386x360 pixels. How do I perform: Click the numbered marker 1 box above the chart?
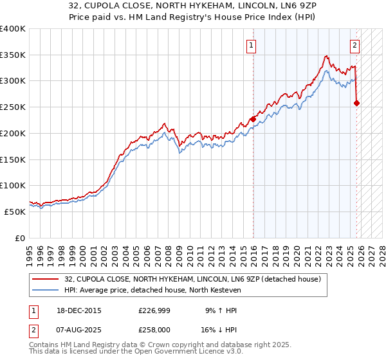250,45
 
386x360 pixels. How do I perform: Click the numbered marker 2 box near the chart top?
354,45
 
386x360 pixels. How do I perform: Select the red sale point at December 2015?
253,119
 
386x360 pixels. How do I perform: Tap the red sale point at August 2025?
357,103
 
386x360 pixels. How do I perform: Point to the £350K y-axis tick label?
13,55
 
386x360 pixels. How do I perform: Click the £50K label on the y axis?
15,212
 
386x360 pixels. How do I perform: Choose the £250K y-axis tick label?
13,107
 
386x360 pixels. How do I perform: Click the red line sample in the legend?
46,279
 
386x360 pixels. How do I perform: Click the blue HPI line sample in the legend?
46,290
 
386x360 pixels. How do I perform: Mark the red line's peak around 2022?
327,56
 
